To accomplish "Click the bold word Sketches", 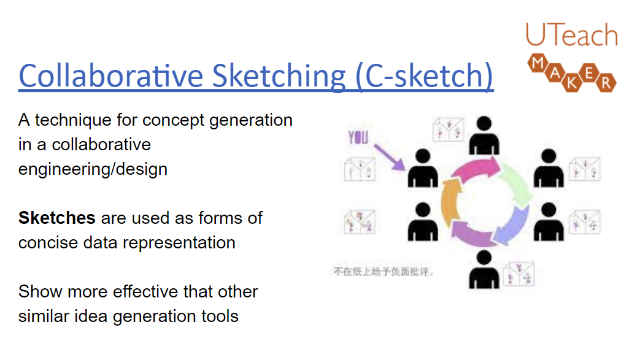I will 57,218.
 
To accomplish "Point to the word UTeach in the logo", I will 571,36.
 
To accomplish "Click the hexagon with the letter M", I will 538,62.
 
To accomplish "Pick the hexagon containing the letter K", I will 572,82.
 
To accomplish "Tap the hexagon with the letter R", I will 606,82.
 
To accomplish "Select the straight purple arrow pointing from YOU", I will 388,155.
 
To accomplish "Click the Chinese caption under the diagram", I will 384,271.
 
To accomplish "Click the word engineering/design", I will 93,169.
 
